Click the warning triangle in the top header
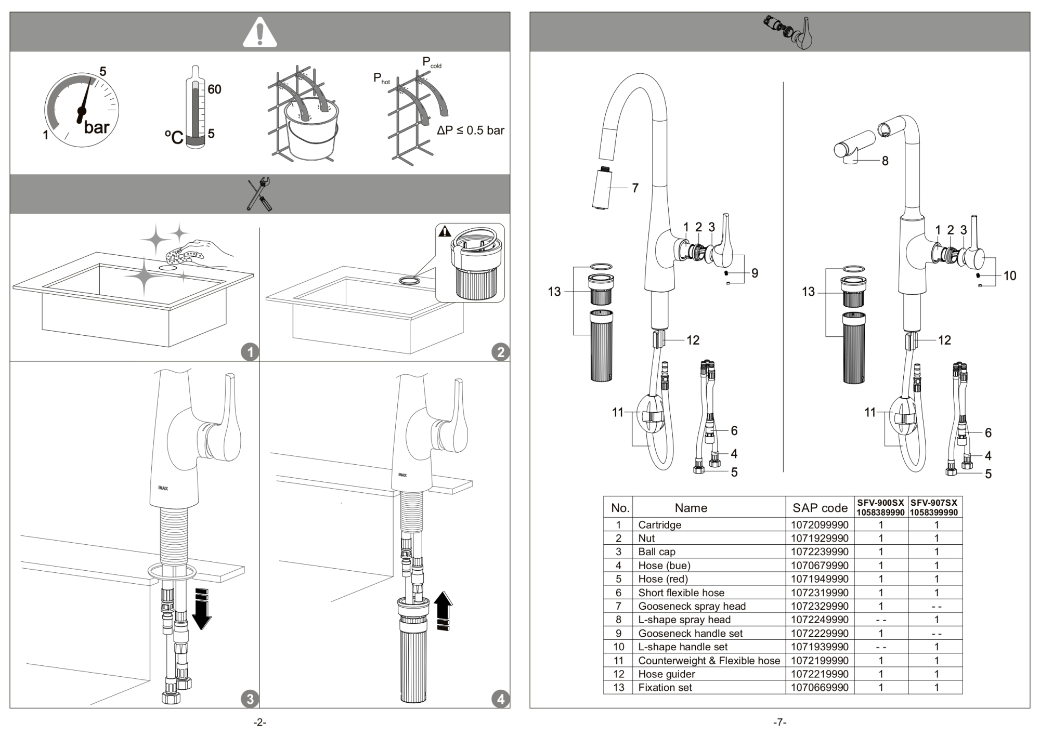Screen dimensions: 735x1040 [260, 32]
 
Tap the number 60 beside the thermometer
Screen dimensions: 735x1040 [214, 89]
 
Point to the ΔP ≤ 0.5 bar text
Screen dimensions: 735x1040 [470, 130]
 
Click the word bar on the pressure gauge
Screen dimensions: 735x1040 [97, 127]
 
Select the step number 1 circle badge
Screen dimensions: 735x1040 [250, 352]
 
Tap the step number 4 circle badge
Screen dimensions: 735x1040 [500, 699]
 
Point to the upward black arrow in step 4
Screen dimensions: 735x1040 [443, 610]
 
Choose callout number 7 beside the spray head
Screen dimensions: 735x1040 [635, 188]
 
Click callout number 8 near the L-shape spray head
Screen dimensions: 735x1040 [885, 161]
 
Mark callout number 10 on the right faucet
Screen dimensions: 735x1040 [1010, 276]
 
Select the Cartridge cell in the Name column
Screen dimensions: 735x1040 [659, 525]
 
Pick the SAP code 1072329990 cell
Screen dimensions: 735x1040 [820, 606]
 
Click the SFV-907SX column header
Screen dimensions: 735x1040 [934, 507]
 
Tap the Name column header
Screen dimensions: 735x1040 [691, 508]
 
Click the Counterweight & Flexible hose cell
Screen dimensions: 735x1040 [709, 661]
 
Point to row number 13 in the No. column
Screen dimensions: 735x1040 [618, 688]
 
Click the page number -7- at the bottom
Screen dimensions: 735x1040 [779, 722]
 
